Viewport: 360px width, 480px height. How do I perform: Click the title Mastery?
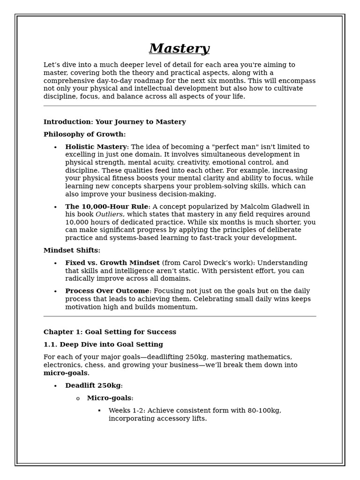pos(179,49)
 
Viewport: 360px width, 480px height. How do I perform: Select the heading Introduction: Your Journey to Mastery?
pos(114,122)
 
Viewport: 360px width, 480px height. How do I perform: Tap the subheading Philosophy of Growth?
pos(84,135)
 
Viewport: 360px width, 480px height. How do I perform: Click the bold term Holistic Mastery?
pos(96,147)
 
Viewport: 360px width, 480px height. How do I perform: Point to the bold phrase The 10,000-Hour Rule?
pos(106,207)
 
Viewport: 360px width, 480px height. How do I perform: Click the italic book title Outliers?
pos(109,215)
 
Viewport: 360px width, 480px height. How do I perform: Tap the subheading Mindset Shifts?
pos(72,250)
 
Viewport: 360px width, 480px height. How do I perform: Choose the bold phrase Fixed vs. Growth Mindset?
pos(112,263)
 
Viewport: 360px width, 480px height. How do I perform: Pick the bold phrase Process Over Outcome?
pos(107,291)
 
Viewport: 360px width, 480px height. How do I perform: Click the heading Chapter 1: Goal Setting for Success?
pos(110,332)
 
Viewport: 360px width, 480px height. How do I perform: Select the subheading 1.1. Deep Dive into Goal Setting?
pos(103,345)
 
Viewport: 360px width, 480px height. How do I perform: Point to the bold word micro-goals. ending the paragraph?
pos(66,373)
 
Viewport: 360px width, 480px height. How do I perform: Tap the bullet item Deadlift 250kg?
pos(94,386)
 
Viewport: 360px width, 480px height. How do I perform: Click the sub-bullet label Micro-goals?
pos(110,398)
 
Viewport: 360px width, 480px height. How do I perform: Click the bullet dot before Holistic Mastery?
pos(55,148)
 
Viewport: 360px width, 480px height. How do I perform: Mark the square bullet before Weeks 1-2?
pos(99,411)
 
